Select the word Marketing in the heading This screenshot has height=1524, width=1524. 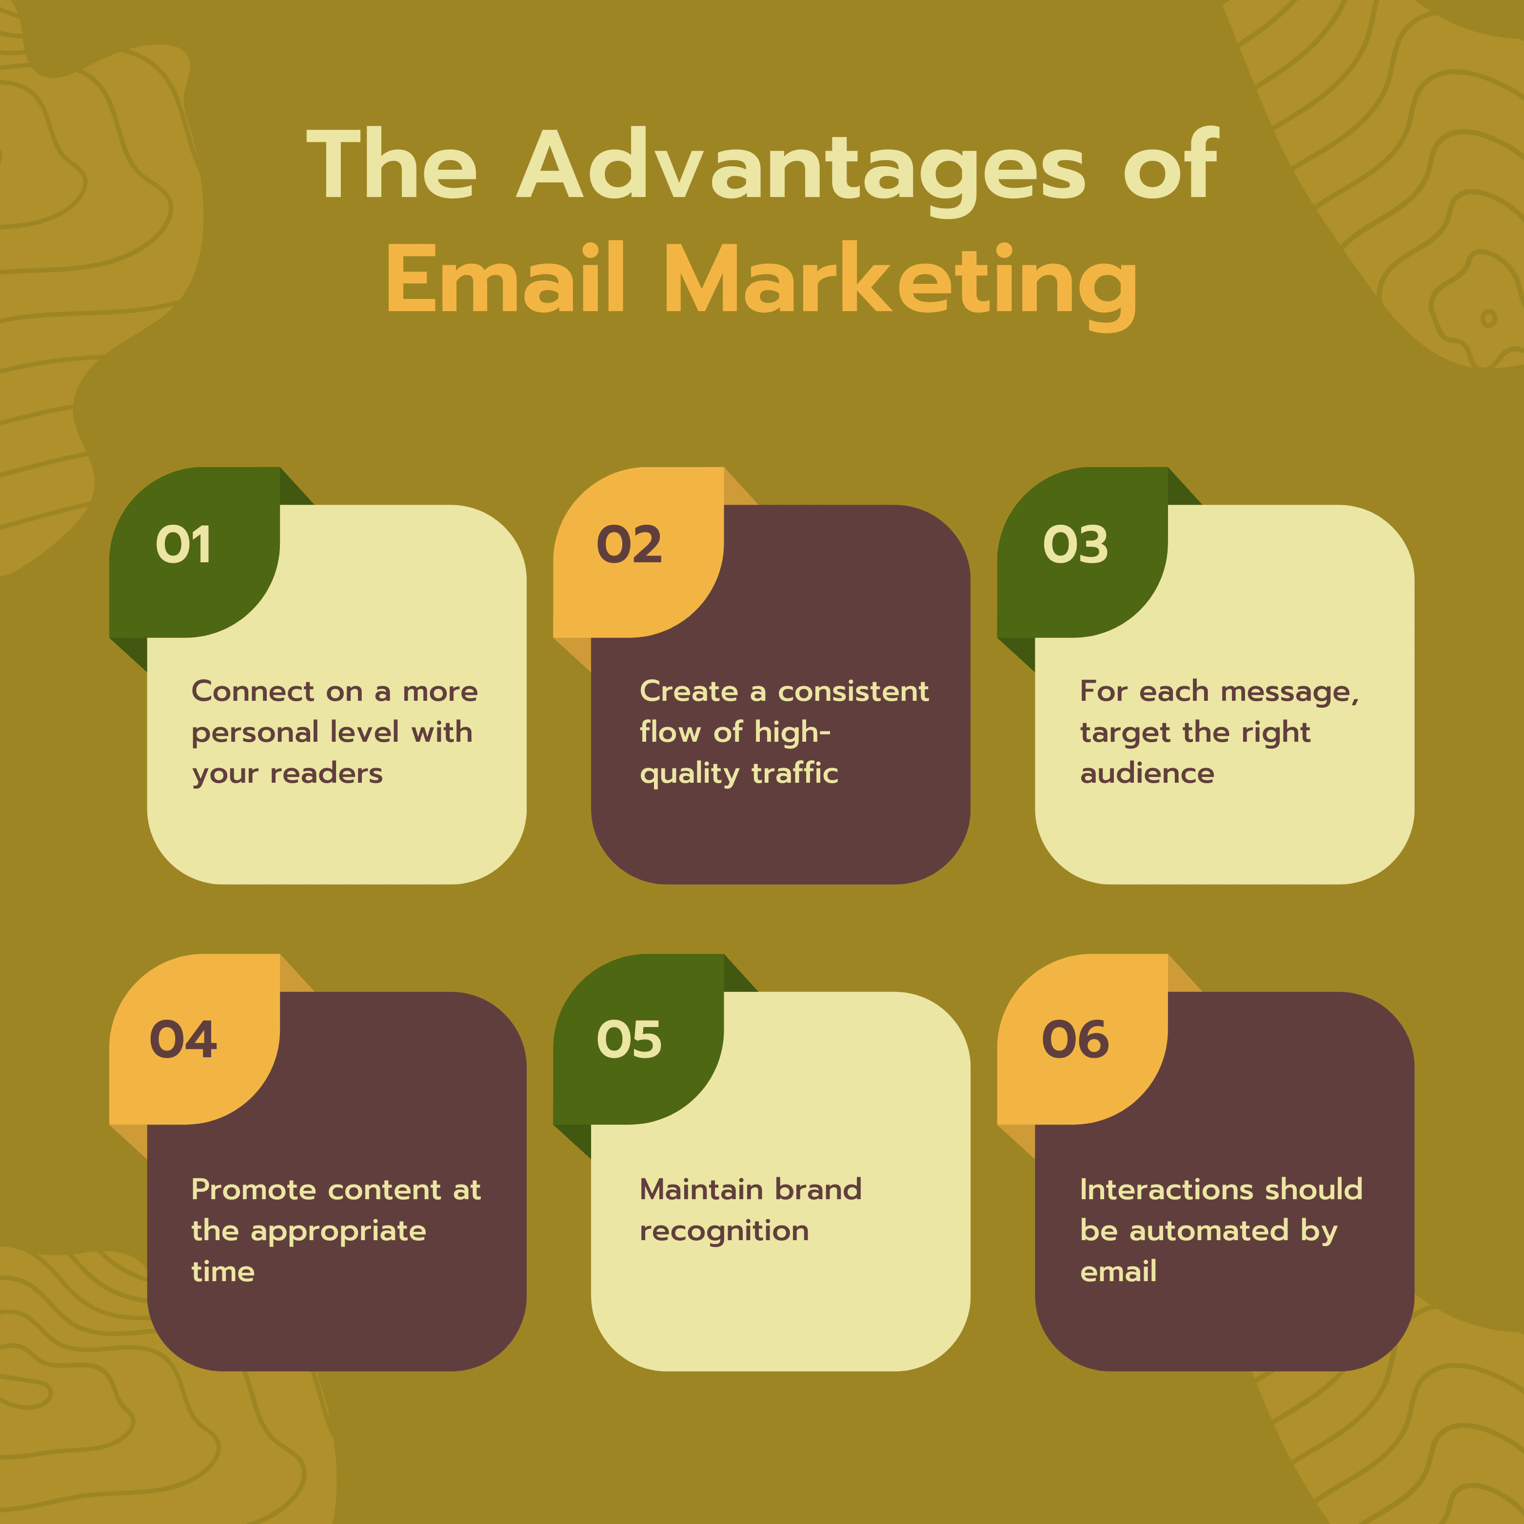coord(901,286)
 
